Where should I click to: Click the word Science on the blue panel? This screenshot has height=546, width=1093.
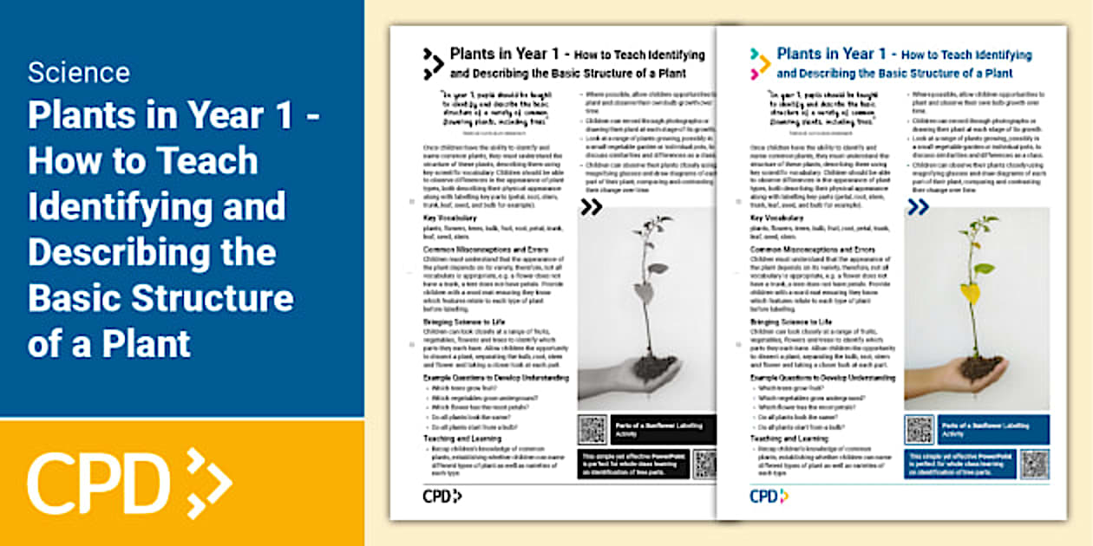[x=78, y=72]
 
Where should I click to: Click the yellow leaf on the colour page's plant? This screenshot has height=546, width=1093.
[x=970, y=292]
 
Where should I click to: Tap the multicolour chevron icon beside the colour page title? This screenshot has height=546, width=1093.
[x=760, y=63]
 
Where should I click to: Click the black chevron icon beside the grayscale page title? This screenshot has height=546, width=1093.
[x=433, y=63]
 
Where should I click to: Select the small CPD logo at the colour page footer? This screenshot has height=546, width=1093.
[x=769, y=496]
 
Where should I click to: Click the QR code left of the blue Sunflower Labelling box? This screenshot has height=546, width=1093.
[x=919, y=429]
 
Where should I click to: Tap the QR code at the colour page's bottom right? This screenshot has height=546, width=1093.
[x=1034, y=464]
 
